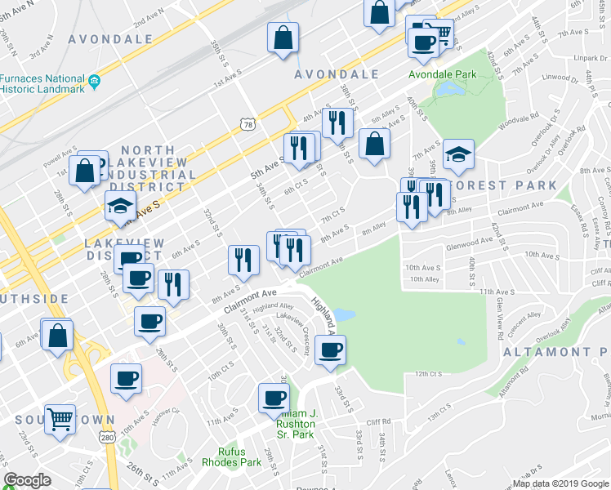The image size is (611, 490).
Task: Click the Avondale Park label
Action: pos(443,73)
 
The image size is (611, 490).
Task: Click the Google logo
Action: pos(28,480)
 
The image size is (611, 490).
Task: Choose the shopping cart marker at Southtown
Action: pos(60,418)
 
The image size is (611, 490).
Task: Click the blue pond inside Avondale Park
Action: pos(448,91)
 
